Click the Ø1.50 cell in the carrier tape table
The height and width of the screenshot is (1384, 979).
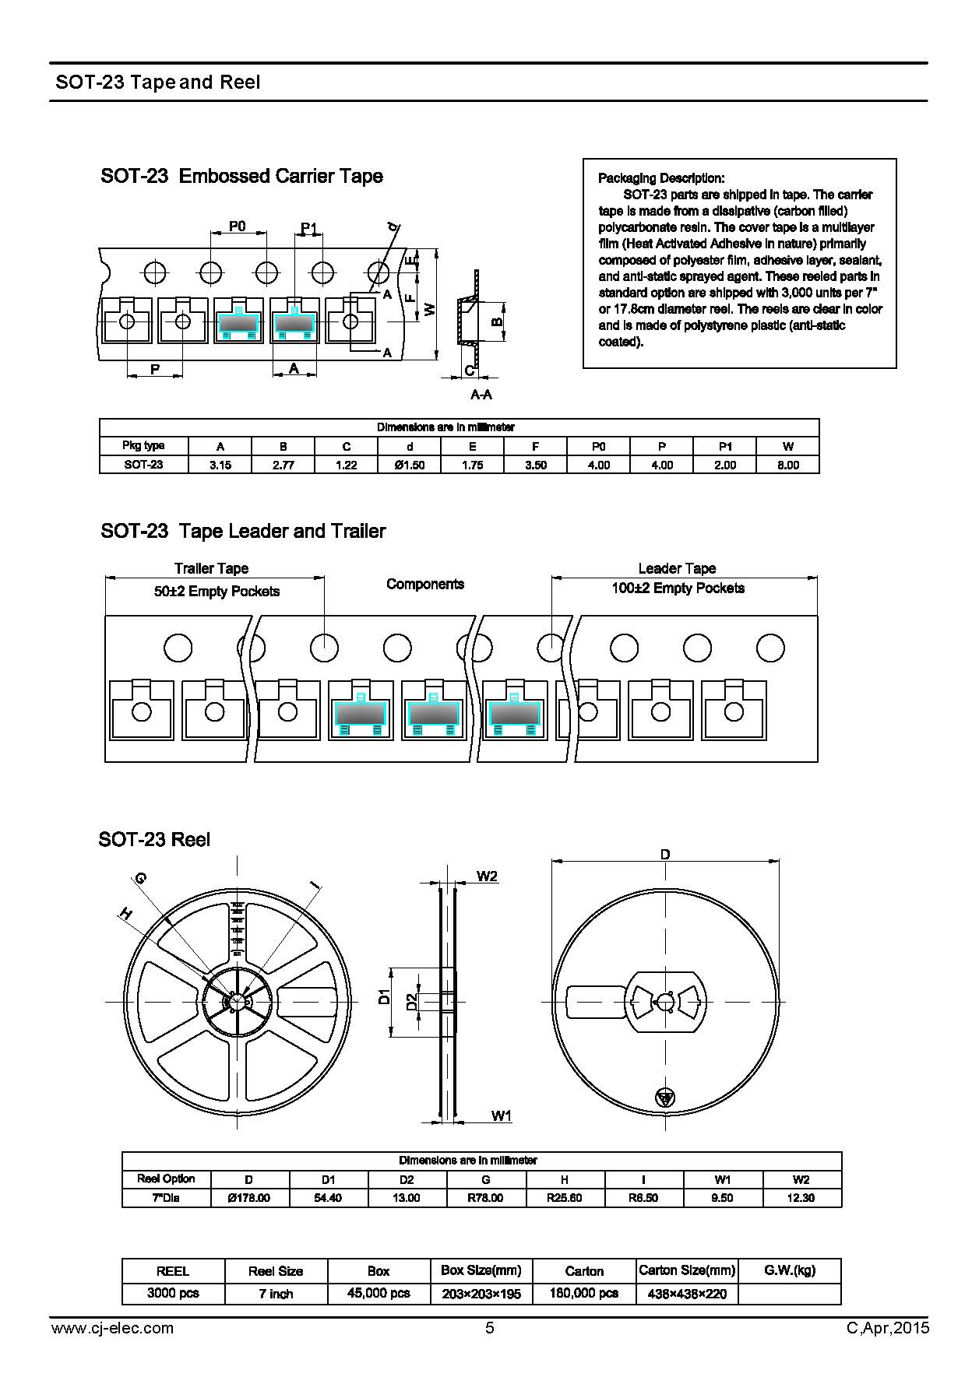pos(410,465)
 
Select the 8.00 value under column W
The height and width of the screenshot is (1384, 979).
pos(788,465)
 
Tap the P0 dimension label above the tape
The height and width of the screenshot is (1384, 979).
pos(238,226)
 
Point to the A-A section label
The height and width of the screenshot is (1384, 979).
pos(481,395)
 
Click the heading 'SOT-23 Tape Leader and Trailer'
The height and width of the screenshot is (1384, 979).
pos(243,531)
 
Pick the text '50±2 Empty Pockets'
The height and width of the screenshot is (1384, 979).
pos(217,592)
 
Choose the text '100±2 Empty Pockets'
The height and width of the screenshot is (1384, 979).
pos(678,588)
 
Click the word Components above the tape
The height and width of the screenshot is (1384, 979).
pos(425,584)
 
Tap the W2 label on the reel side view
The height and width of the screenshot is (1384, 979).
pos(487,876)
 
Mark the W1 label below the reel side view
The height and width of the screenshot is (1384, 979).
pos(502,1116)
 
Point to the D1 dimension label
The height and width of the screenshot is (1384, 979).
pos(384,996)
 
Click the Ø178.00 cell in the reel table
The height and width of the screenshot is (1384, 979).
pos(249,1198)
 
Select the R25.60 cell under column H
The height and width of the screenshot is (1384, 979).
pos(565,1198)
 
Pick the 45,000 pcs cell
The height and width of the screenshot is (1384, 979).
pos(379,1293)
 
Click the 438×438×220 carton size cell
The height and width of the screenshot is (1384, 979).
pos(686,1293)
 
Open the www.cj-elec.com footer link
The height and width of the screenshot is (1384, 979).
pos(112,1328)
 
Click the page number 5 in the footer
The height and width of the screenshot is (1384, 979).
pos(490,1328)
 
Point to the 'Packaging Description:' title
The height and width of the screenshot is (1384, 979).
pos(661,178)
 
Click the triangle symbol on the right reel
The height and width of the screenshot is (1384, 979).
pos(664,1097)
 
